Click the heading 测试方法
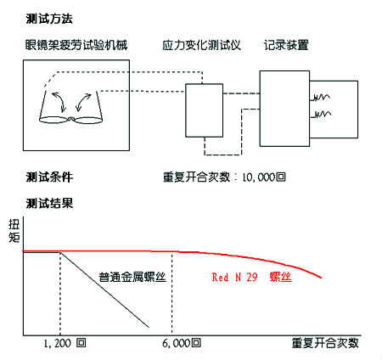pos(49,19)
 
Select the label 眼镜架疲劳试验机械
pos(76,45)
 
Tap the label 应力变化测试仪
pos(201,45)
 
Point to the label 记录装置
pos(286,45)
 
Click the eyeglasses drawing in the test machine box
pos(70,120)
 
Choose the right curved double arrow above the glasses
pos(83,102)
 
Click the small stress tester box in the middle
pos(204,110)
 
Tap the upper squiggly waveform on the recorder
pos(320,98)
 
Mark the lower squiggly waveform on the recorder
pos(321,115)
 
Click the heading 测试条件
pos(49,177)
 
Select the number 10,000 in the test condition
pos(259,177)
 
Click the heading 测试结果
pos(49,203)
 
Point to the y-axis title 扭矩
pos(14,231)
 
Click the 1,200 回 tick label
pos(65,343)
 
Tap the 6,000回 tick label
pos(182,343)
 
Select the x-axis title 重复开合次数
pos(325,343)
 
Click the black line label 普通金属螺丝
pos(132,277)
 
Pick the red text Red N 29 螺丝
pos(251,277)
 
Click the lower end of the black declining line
pos(149,328)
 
